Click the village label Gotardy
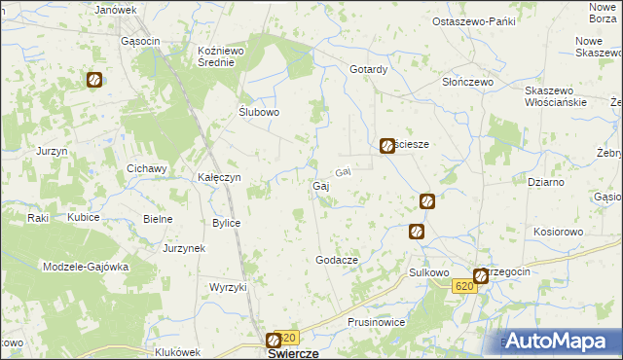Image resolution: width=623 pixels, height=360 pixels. [x=369, y=69]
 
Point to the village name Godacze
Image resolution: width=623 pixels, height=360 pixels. [x=338, y=260]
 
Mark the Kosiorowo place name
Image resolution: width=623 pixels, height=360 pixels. [x=558, y=233]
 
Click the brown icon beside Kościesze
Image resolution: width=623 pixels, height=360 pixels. [x=386, y=146]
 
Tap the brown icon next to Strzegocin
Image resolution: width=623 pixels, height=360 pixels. [x=480, y=276]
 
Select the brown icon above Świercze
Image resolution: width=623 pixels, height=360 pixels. [x=274, y=341]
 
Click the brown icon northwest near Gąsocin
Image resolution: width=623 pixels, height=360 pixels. [x=95, y=81]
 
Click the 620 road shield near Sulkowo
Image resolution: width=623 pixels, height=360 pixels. [x=464, y=286]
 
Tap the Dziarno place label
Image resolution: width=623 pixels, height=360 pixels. [x=545, y=182]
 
